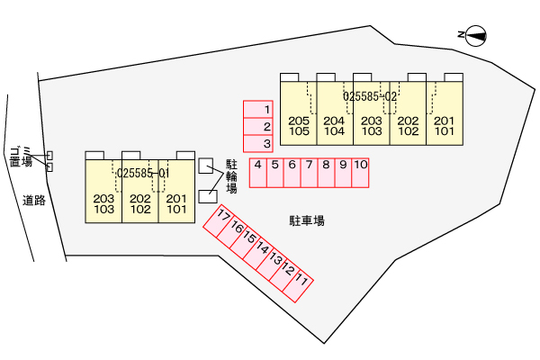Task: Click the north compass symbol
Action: tap(474, 36)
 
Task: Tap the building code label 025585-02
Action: tap(370, 94)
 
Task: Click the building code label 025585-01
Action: tap(143, 172)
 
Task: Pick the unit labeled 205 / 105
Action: tap(299, 126)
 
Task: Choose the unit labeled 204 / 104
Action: tap(334, 126)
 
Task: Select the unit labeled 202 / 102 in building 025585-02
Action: tap(408, 126)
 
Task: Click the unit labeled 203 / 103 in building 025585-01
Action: tap(103, 204)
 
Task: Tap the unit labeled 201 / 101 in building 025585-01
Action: tap(176, 204)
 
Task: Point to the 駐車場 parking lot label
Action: tap(307, 220)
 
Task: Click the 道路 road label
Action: tap(34, 200)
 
